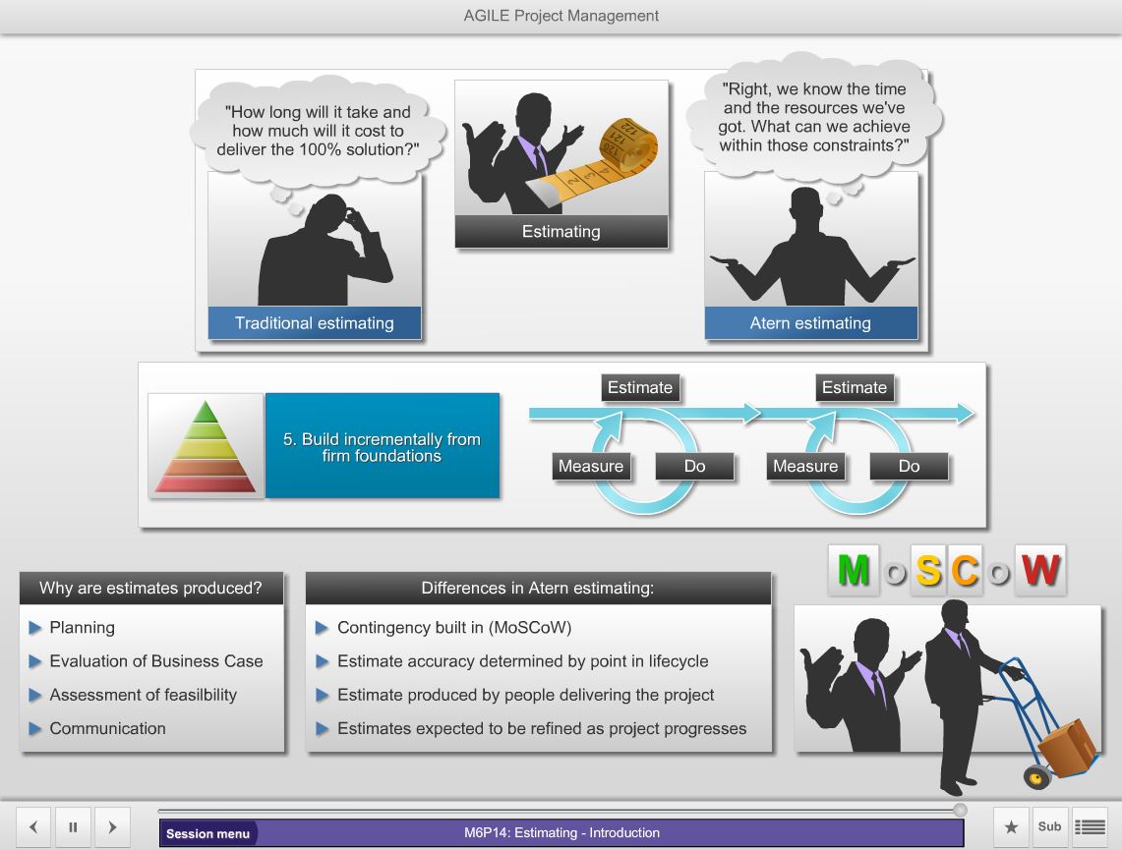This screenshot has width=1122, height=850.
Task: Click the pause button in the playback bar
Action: click(x=73, y=827)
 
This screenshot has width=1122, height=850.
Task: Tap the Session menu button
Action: click(x=208, y=833)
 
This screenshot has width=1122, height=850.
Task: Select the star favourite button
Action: click(x=1011, y=827)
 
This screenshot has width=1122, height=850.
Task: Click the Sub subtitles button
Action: click(x=1050, y=827)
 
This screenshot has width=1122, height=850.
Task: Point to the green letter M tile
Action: click(x=854, y=570)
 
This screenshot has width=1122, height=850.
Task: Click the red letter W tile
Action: click(x=1040, y=570)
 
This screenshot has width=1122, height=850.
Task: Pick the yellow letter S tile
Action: click(x=929, y=571)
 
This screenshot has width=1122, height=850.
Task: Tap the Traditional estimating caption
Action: click(x=315, y=323)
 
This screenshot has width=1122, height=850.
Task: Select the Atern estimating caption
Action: click(x=810, y=323)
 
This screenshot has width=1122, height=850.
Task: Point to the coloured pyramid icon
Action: click(x=206, y=446)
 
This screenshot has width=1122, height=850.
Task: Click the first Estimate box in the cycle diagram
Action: click(x=640, y=387)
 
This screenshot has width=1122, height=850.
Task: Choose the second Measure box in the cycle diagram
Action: click(x=805, y=466)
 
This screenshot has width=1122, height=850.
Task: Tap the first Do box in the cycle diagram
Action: click(x=695, y=466)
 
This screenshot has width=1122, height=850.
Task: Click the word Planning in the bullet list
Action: click(x=83, y=628)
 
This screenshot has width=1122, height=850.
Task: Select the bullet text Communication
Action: click(x=108, y=728)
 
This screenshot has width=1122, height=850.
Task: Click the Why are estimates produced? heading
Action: click(x=151, y=588)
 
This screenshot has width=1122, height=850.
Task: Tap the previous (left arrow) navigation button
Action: click(x=33, y=827)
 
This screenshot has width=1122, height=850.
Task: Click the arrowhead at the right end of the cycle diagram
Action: click(x=966, y=413)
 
